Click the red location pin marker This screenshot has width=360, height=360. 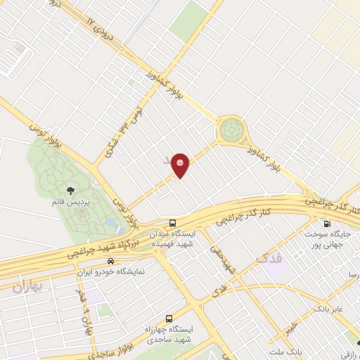click(181, 165)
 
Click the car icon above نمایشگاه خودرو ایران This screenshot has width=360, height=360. click(109, 260)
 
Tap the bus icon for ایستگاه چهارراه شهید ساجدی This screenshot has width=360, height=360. click(168, 317)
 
